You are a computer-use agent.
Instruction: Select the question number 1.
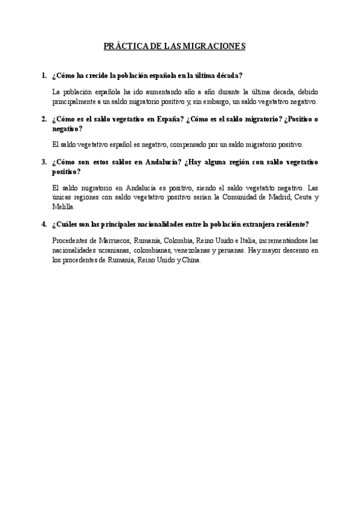(44, 76)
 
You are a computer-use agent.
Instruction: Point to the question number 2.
(44, 119)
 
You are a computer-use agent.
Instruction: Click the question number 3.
(44, 162)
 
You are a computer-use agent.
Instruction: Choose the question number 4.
(44, 224)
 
